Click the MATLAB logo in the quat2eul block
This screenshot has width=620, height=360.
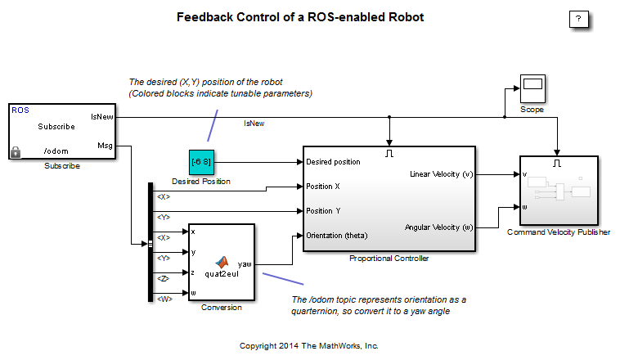221,262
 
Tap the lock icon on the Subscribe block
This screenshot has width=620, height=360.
16,151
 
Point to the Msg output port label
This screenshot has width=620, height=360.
105,146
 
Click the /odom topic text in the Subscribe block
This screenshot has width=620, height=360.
56,151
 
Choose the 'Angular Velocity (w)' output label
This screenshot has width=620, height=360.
438,227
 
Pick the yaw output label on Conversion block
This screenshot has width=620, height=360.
244,264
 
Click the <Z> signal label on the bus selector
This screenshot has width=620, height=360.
164,278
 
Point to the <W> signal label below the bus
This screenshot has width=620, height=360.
164,299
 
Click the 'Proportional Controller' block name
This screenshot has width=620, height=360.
389,259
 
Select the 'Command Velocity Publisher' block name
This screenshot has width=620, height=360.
559,232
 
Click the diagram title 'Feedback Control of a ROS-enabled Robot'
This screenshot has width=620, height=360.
300,17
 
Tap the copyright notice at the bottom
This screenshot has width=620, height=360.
308,345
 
